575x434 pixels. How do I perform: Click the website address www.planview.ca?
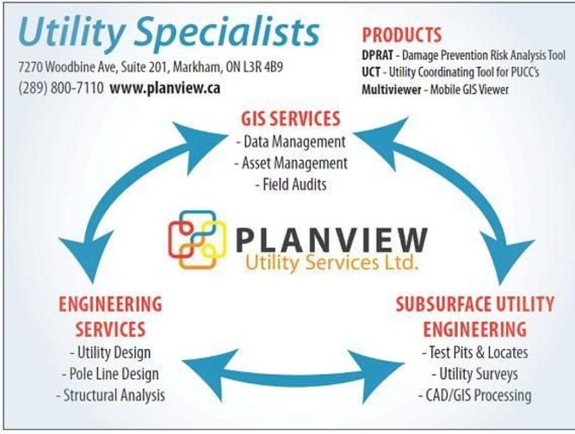[x=165, y=89]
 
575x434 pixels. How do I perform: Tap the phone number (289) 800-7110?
[x=61, y=89]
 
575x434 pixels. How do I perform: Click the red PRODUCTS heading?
[x=402, y=35]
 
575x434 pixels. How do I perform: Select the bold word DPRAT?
[x=377, y=55]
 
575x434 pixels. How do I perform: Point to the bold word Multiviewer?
[x=392, y=89]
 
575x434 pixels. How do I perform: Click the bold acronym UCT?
[x=371, y=72]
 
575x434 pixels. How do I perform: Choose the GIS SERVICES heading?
[x=291, y=119]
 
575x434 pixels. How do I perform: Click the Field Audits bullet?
[x=291, y=184]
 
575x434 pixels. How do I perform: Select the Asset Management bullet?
[x=291, y=163]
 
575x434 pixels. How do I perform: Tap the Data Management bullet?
[x=291, y=142]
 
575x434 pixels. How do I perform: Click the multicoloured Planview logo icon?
[x=197, y=241]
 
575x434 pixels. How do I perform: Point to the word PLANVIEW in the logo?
[x=332, y=240]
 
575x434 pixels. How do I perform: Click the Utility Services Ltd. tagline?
[x=331, y=263]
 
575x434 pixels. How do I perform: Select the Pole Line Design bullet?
[x=110, y=374]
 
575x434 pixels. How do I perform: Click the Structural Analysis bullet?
[x=110, y=395]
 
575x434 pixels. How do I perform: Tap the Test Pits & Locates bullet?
[x=475, y=352]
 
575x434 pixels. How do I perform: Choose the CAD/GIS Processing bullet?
[x=475, y=395]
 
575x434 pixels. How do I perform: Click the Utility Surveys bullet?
[x=475, y=374]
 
